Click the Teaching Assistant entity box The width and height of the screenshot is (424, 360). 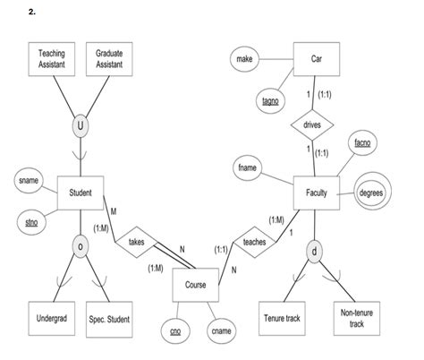click(51, 60)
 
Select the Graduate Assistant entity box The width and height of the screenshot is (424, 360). click(109, 60)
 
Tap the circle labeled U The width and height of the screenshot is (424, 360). click(81, 127)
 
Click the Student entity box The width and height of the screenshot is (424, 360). click(81, 192)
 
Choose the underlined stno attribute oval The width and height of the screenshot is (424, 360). click(31, 220)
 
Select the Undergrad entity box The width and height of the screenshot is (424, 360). click(51, 317)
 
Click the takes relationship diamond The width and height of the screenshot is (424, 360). click(136, 241)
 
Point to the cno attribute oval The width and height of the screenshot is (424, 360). click(175, 332)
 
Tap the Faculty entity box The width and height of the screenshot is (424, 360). click(316, 193)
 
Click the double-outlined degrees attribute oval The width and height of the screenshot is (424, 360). click(370, 193)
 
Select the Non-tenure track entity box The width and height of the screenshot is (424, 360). click(357, 317)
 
